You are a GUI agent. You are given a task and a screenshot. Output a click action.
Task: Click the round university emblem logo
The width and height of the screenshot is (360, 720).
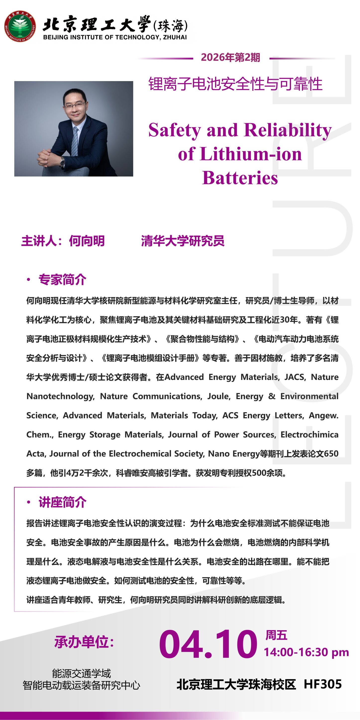click(20, 26)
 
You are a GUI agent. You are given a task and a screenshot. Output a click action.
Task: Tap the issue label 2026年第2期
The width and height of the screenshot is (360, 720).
click(230, 57)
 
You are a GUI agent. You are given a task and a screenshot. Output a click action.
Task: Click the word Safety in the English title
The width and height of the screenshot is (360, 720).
click(174, 130)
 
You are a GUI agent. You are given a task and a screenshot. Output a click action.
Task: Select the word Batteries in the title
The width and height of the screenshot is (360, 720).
click(240, 178)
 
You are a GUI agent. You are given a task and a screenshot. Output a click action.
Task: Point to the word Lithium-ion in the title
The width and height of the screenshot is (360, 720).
click(251, 154)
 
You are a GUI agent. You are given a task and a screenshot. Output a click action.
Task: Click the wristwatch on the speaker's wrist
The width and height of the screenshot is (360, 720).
click(62, 161)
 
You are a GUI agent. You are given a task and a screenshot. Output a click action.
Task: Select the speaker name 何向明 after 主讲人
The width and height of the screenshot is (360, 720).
click(87, 241)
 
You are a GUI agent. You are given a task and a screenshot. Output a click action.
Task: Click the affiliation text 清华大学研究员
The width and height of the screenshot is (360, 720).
click(183, 241)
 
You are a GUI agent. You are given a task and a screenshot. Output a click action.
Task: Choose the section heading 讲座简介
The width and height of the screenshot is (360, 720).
click(62, 502)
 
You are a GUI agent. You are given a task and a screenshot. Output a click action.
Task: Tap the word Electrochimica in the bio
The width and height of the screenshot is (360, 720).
click(309, 435)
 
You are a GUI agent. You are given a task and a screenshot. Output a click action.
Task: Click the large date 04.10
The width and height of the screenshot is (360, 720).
click(208, 644)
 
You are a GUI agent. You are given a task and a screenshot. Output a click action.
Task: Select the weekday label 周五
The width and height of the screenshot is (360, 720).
click(276, 635)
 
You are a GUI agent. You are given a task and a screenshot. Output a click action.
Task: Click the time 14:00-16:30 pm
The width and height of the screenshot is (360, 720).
click(306, 652)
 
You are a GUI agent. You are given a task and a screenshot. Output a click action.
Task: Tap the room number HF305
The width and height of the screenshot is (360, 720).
click(322, 684)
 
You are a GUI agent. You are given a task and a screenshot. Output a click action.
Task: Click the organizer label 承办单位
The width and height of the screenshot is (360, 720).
click(84, 642)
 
